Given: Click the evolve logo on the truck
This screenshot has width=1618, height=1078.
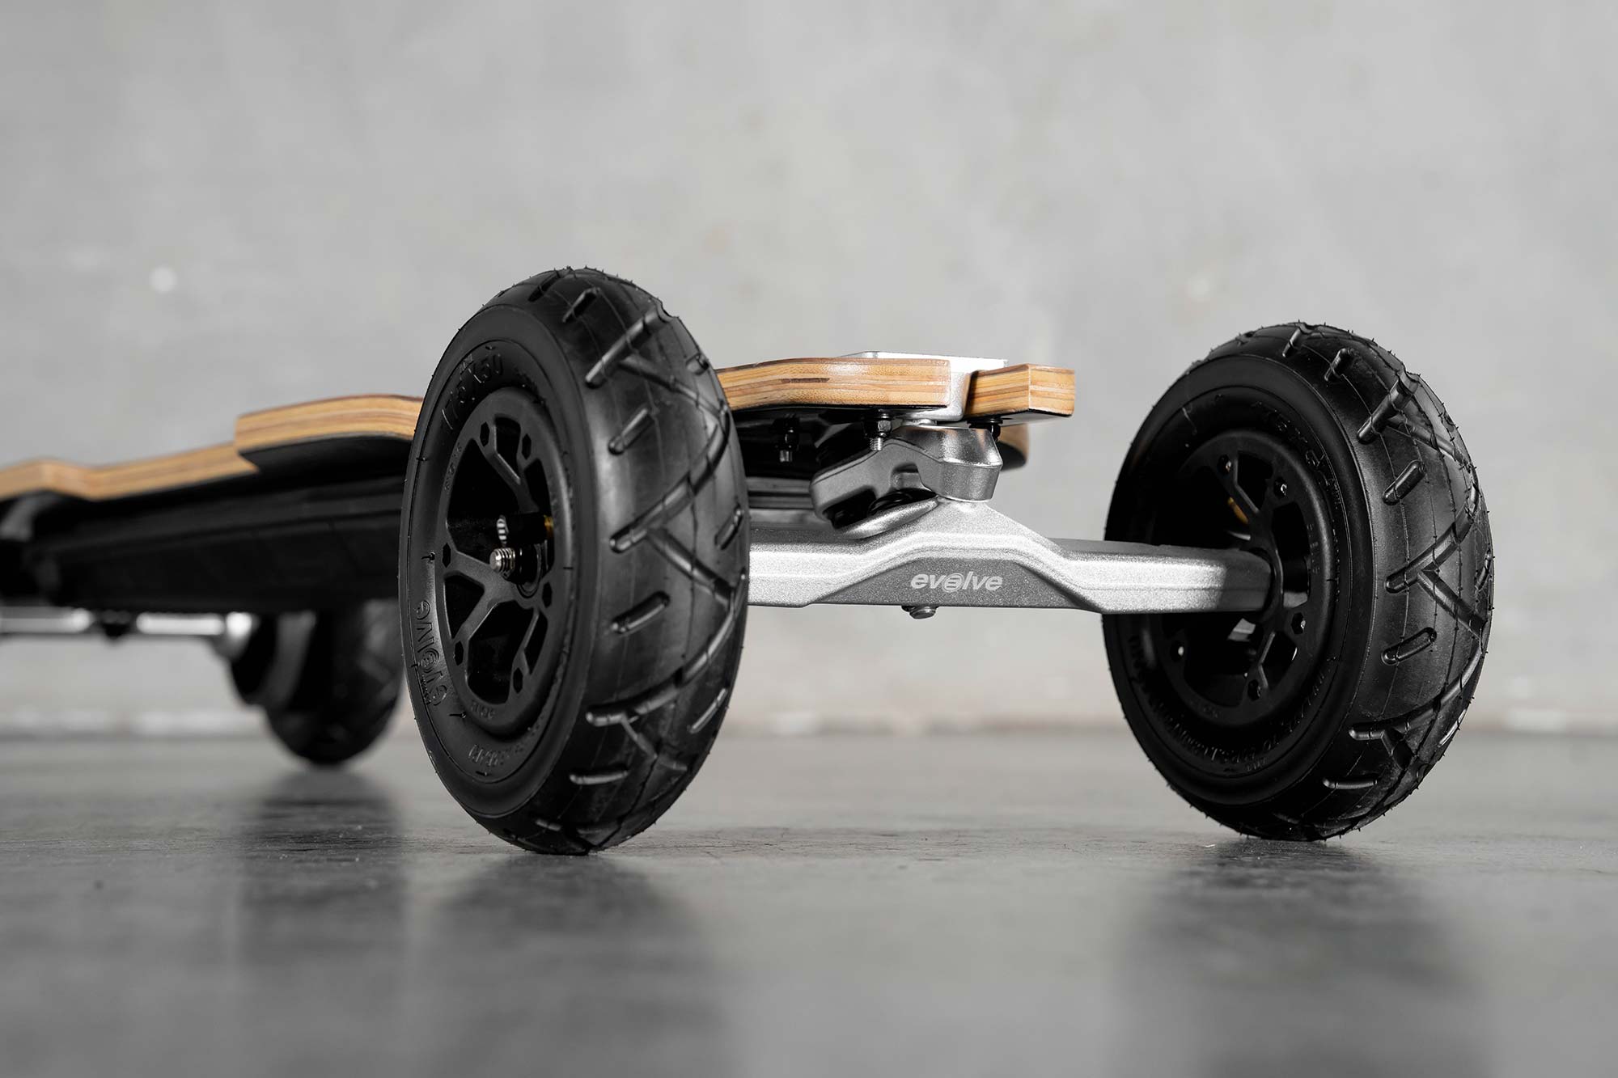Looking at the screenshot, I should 955,581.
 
